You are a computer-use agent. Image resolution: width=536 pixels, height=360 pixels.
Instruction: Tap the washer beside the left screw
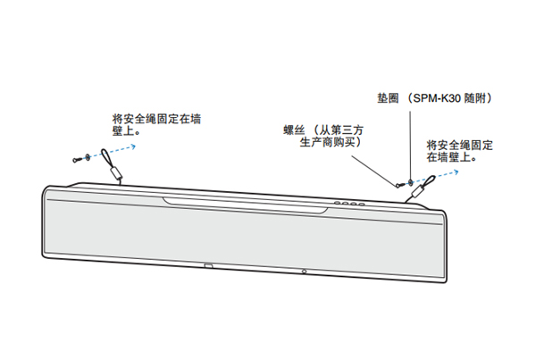(x=87, y=158)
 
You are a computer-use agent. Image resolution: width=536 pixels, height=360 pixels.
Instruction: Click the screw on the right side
(x=399, y=186)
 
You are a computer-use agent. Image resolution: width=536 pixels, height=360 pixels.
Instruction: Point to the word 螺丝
(x=293, y=130)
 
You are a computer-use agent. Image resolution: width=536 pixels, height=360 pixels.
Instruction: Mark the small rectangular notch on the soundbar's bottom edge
(x=208, y=264)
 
